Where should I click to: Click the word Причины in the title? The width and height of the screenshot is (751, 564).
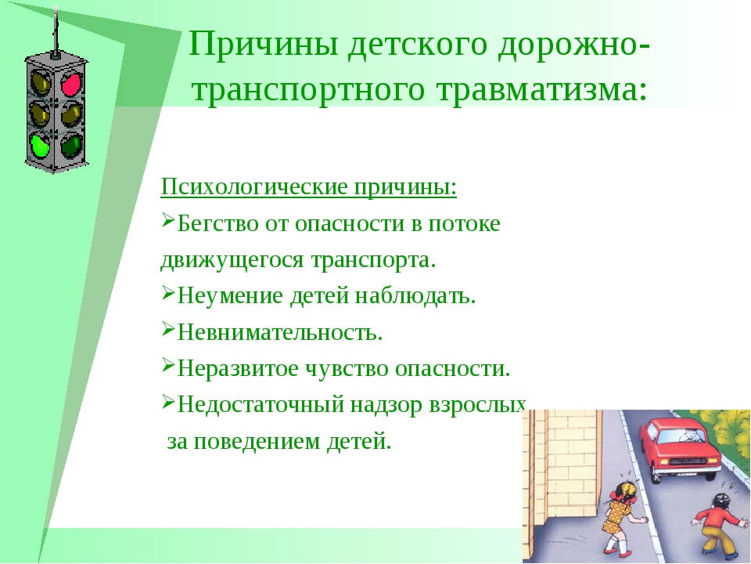coord(264,45)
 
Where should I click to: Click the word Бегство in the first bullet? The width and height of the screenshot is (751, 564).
coord(218,223)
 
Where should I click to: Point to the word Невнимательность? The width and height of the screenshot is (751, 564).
coord(280,332)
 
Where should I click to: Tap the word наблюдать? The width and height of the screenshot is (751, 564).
coord(415,295)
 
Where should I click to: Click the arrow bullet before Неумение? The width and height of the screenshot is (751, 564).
coord(168,292)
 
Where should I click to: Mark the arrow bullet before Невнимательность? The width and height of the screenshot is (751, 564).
coord(168,329)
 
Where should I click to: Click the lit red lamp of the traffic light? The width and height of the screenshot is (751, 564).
coord(71,84)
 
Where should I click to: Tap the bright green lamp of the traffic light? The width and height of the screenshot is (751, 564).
coord(39,145)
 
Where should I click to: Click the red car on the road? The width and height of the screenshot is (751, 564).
coord(680,447)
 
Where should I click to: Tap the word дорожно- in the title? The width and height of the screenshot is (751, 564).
coord(573,45)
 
